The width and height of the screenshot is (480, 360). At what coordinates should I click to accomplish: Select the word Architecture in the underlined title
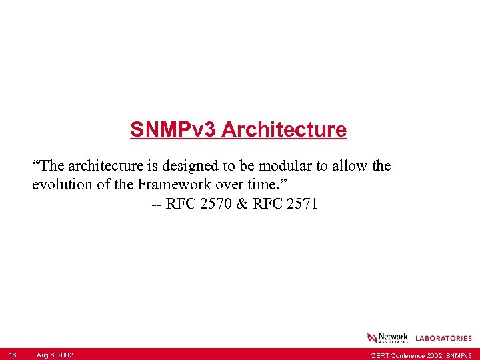pyautogui.click(x=284, y=129)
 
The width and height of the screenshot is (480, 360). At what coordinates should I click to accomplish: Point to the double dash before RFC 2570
pyautogui.click(x=156, y=204)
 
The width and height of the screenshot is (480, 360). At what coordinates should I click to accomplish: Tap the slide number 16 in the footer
pyautogui.click(x=13, y=355)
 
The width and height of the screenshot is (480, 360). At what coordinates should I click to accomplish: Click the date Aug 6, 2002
pyautogui.click(x=55, y=355)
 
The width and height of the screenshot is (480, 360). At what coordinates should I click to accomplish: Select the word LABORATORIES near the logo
pyautogui.click(x=443, y=339)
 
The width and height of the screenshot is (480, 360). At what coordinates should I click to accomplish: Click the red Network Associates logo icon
pyautogui.click(x=372, y=338)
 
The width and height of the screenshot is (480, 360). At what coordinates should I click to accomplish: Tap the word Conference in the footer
pyautogui.click(x=407, y=355)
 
